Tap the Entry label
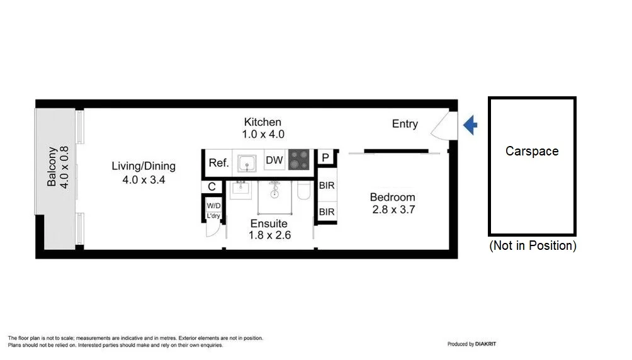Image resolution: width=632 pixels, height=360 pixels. pos(405,124)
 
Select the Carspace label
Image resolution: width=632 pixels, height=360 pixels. pos(532,151)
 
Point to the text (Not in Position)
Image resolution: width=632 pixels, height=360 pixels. pos(533,245)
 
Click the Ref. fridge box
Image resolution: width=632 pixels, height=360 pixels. pos(218,162)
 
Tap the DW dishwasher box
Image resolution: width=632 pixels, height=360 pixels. pos(274,160)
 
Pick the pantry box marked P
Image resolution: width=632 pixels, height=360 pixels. pos(325,157)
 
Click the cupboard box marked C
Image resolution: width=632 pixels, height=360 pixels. pos(212,187)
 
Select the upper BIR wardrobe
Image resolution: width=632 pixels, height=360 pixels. pos(327,186)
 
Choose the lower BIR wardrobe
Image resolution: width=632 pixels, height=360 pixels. pos(327,212)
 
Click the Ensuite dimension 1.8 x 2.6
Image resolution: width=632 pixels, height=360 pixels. pos(269,235)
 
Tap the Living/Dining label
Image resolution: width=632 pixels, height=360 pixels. pos(144,166)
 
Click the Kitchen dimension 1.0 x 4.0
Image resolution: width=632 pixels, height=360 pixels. pos(263,134)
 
